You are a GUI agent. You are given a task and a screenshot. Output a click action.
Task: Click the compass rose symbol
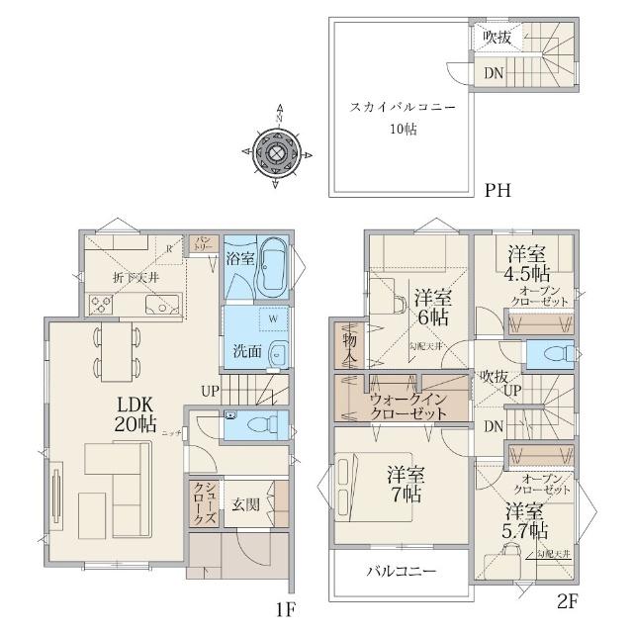(x=278, y=152)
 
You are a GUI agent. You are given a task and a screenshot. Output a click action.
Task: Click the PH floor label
(x=497, y=191)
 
